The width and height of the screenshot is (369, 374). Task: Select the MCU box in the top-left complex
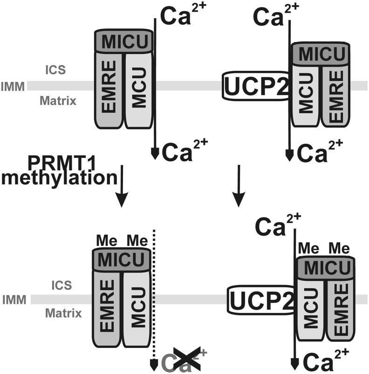pos(140,88)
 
